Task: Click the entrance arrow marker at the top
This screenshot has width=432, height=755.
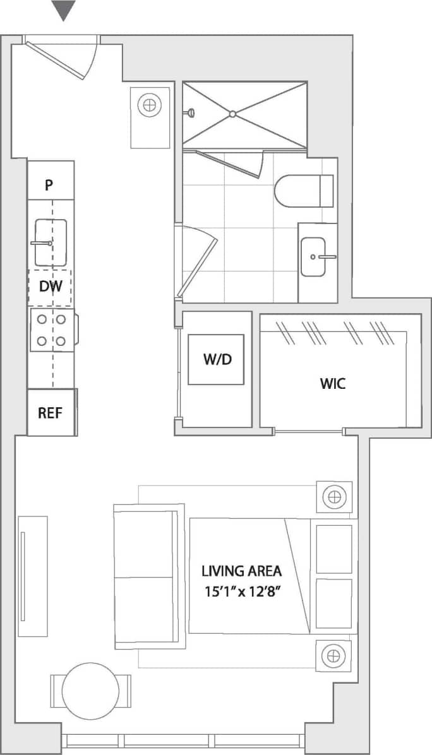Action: (x=63, y=10)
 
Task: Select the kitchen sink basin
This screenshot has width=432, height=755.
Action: (x=50, y=242)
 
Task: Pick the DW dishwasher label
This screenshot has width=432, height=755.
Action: (x=50, y=287)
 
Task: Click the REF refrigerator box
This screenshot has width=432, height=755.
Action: (x=51, y=412)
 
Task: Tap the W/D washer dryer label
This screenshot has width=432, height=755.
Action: (x=217, y=359)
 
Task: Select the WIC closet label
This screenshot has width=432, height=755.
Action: (x=333, y=383)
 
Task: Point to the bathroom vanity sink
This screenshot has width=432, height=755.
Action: (x=315, y=256)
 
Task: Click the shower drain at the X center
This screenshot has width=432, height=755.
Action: (x=232, y=114)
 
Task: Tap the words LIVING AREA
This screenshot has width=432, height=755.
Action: (x=241, y=571)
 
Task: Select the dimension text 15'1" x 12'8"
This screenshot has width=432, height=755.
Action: (x=241, y=594)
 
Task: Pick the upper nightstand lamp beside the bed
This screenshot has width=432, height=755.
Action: (x=333, y=497)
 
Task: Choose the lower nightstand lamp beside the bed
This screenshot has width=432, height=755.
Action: (x=333, y=656)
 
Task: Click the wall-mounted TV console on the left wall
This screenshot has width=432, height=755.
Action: (x=32, y=576)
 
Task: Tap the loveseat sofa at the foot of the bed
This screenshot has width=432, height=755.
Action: (x=148, y=576)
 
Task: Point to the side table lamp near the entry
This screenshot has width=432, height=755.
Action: (x=150, y=105)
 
